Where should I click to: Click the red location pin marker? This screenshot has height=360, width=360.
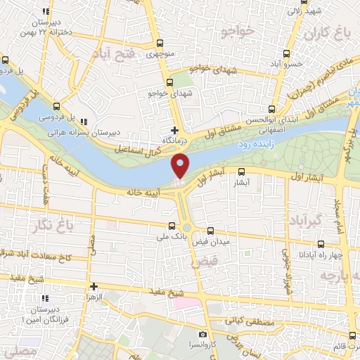pos(181,166)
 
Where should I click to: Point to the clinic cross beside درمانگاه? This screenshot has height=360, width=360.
pos(174,130)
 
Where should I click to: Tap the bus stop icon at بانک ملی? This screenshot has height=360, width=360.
pos(172,226)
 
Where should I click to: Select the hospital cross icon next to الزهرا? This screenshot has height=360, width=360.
pos(93,286)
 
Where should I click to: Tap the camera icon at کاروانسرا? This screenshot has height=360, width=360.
pos(202,334)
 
